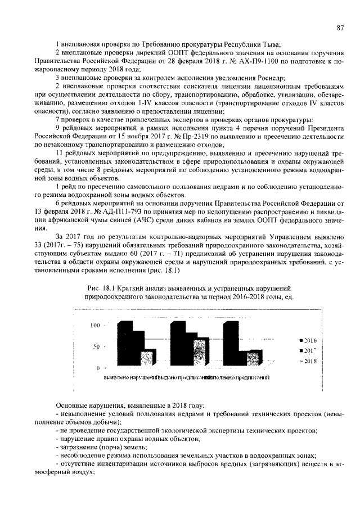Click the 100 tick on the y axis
point(96,326)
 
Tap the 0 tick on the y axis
point(99,368)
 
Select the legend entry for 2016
point(309,341)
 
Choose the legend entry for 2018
point(309,361)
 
